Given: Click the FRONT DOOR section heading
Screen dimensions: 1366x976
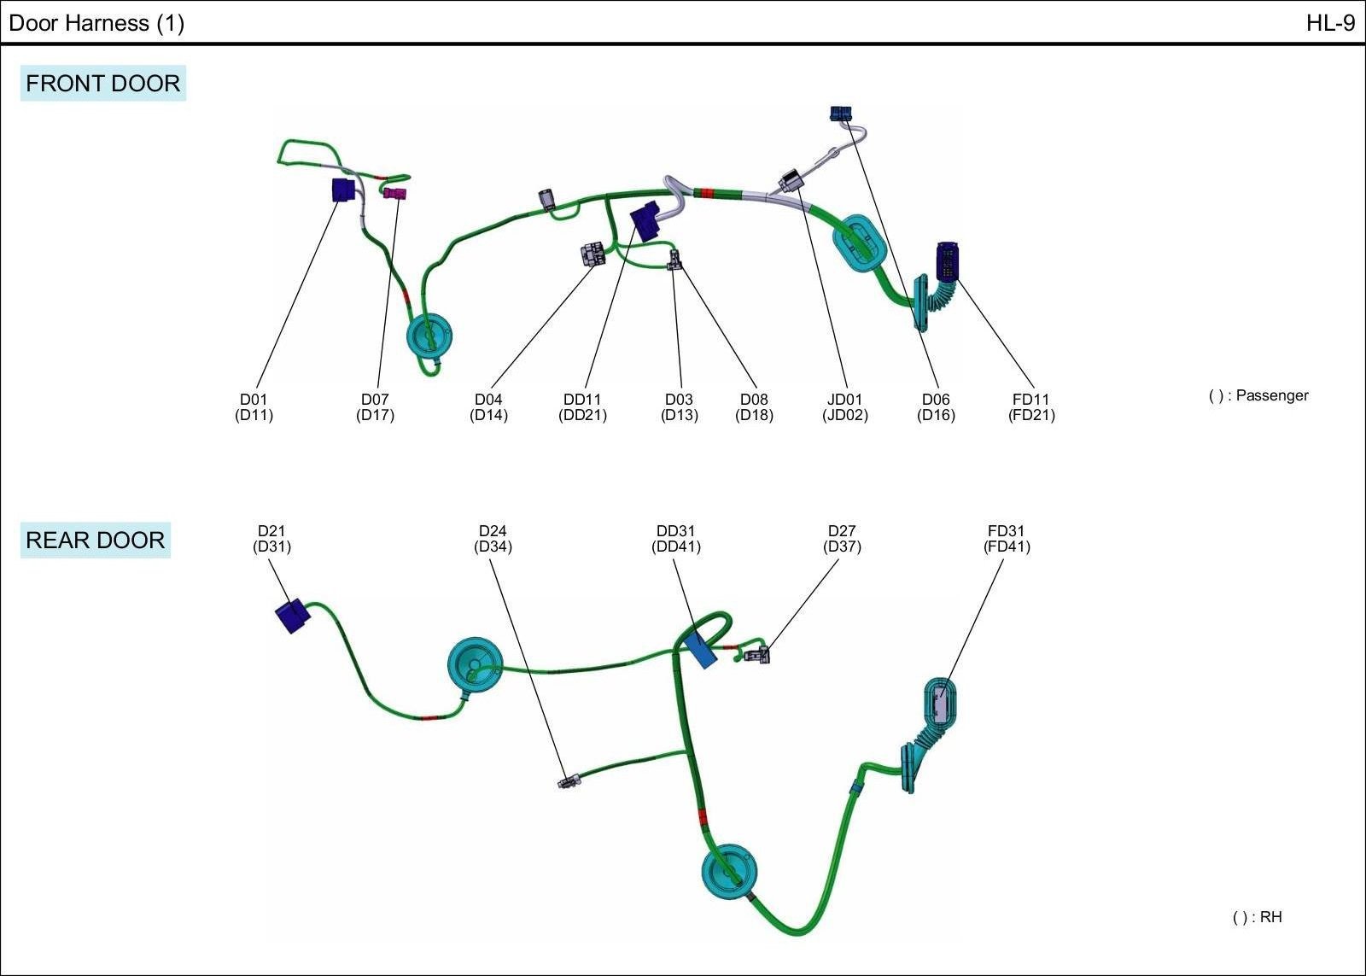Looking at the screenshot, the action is point(103,84).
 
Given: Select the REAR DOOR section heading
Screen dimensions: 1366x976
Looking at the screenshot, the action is point(95,541).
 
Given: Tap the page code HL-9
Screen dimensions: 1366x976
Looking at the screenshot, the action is point(1330,23).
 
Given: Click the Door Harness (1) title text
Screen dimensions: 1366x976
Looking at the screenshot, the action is point(96,23).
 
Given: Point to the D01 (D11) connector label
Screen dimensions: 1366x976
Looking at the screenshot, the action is point(254,407).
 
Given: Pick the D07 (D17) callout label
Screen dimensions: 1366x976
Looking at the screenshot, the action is point(375,407).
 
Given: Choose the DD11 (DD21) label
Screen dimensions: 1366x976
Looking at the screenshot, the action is point(582,407).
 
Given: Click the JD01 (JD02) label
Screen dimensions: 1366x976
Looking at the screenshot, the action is point(844,407).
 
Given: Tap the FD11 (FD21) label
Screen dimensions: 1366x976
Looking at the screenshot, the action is point(1031,407).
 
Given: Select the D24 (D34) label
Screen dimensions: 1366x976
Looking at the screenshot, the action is point(493,539).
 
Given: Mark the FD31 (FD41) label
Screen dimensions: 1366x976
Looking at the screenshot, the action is point(1007,539).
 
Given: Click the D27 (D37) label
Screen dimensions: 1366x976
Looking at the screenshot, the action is point(842,539).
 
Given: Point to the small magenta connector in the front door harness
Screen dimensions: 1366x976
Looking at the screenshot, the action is point(394,193).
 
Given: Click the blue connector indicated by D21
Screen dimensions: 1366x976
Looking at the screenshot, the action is point(293,616).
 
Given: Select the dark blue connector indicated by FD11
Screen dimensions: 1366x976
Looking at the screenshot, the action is point(948,260).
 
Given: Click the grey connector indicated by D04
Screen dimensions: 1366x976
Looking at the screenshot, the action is point(592,254).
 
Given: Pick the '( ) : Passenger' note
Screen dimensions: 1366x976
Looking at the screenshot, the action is point(1258,395).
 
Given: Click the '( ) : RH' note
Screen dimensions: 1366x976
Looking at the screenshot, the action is point(1257,917).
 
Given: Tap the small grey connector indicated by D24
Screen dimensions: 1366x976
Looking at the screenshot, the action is point(566,781).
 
